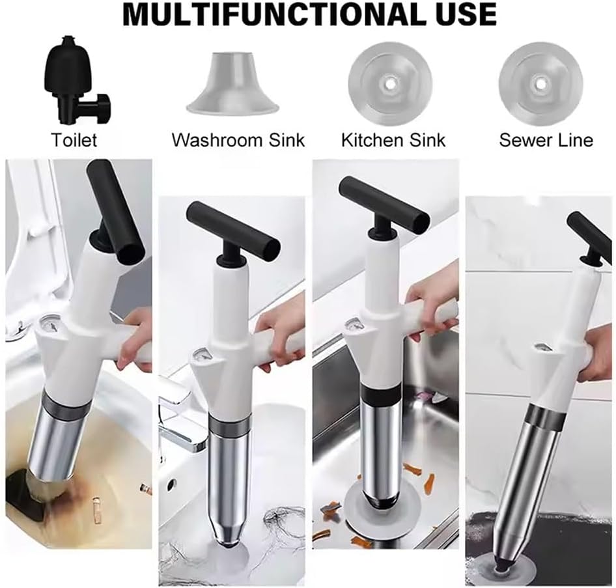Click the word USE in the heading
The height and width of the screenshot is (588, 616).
[x=466, y=14]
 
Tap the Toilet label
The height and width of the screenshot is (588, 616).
[x=74, y=140]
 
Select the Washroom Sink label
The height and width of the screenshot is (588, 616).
[x=238, y=140]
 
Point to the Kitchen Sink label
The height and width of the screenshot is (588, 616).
[x=393, y=140]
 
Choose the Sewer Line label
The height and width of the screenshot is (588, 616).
[x=546, y=140]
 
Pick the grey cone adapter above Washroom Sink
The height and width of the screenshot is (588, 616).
[x=232, y=83]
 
